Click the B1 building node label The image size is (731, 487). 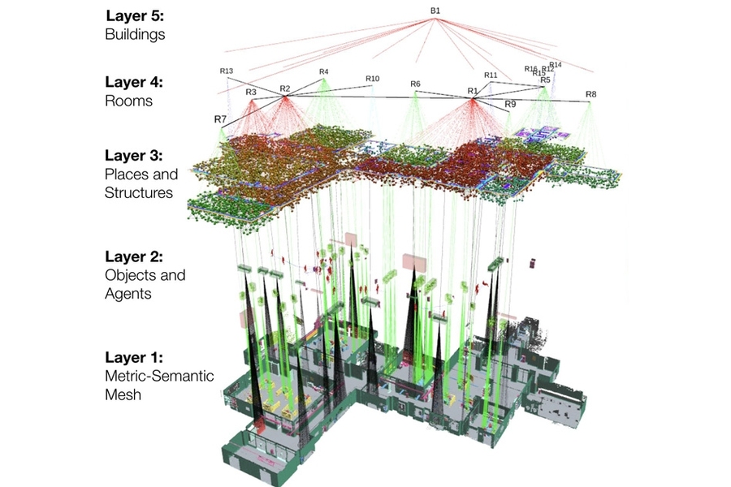pyautogui.click(x=435, y=10)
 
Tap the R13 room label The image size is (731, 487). pyautogui.click(x=227, y=71)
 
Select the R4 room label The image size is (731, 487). pyautogui.click(x=323, y=71)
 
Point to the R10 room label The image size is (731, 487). pyautogui.click(x=372, y=79)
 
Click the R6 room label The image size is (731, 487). pyautogui.click(x=415, y=84)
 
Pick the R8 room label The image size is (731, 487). pyautogui.click(x=590, y=94)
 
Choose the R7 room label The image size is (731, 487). pyautogui.click(x=220, y=119)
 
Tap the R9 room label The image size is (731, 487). pyautogui.click(x=510, y=104)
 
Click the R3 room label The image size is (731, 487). pyautogui.click(x=251, y=92)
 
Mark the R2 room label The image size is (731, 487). pyautogui.click(x=284, y=88)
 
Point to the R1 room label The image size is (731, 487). pyautogui.click(x=472, y=91)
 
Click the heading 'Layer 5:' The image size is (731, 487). pyautogui.click(x=134, y=16)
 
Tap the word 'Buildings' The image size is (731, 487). pyautogui.click(x=135, y=35)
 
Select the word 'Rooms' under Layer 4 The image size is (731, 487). pyautogui.click(x=128, y=101)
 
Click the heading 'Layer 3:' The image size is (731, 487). pyautogui.click(x=134, y=154)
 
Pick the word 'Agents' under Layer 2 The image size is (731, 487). pyautogui.click(x=128, y=294)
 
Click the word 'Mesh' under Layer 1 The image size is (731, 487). pyautogui.click(x=123, y=395)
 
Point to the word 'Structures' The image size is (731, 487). pyautogui.click(x=139, y=192)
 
